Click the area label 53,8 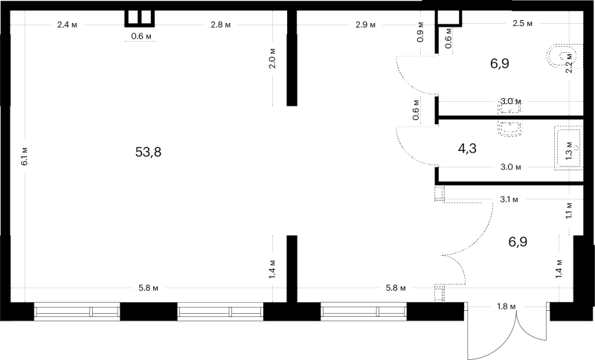(148, 152)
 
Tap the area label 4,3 (467, 148)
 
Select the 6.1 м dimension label (25, 156)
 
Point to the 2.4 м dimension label (67, 25)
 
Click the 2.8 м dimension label (220, 25)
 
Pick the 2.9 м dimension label (365, 25)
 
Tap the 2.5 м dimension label (523, 24)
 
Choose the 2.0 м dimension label (272, 59)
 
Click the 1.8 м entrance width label (506, 306)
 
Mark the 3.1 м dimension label (509, 199)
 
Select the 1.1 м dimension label (569, 210)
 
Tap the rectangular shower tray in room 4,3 (568, 148)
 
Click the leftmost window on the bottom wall (77, 312)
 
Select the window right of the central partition (364, 312)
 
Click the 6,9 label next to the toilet (499, 63)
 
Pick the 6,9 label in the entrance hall (518, 242)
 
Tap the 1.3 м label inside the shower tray (569, 150)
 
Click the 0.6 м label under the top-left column (141, 36)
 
